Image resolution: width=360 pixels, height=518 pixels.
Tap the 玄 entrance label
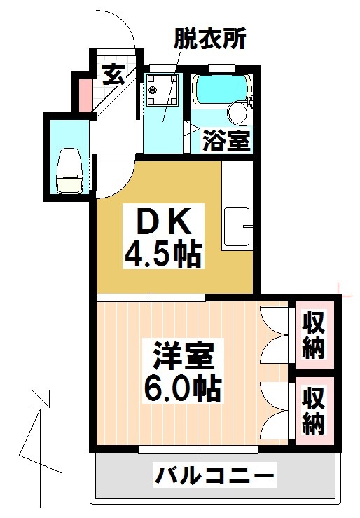tap(113, 74)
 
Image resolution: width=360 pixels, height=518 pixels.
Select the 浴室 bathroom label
tap(226, 141)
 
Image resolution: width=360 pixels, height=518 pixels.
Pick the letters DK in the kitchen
tap(163, 224)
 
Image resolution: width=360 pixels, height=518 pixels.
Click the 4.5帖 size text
tap(163, 253)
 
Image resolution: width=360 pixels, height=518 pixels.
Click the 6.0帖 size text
tap(184, 388)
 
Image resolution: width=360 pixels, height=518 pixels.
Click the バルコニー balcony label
tap(214, 478)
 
